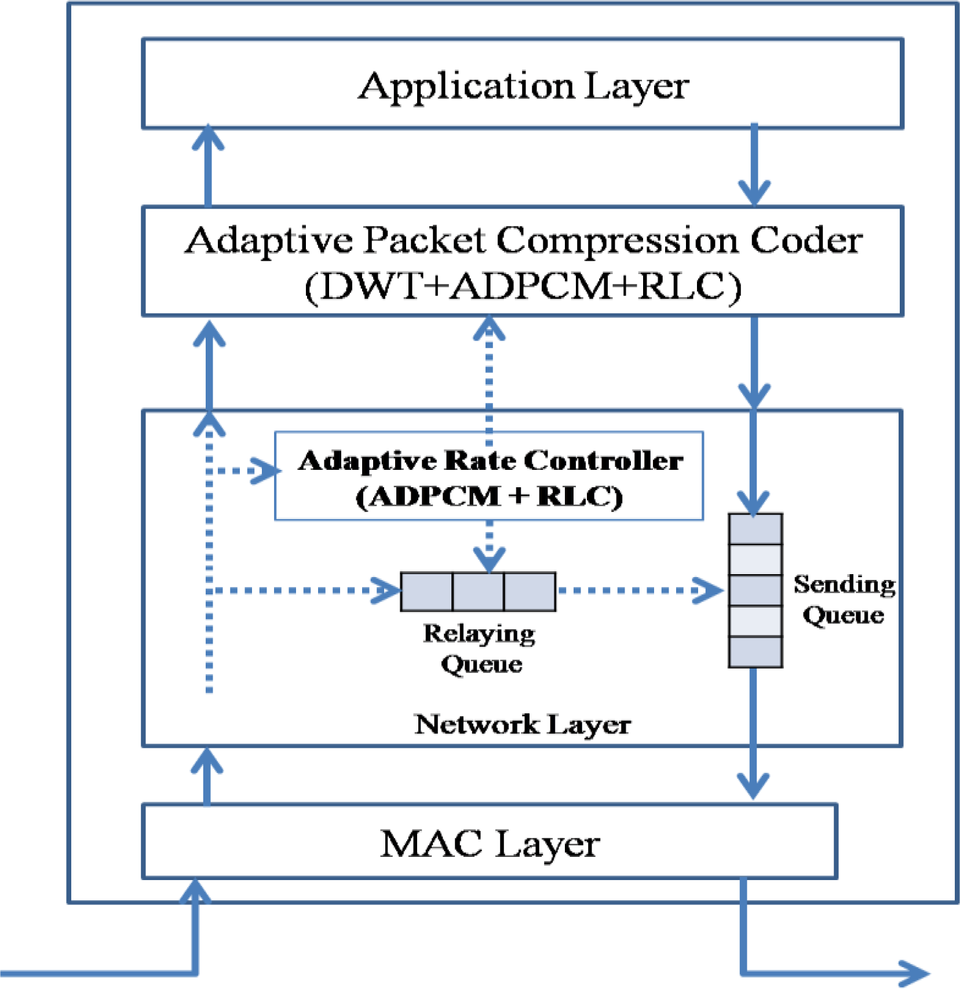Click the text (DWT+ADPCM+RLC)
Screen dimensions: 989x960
pyautogui.click(x=523, y=286)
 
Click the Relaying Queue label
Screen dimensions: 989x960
pyautogui.click(x=480, y=648)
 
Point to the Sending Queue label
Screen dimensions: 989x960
pyautogui.click(x=844, y=600)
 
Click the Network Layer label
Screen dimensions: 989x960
pyautogui.click(x=523, y=724)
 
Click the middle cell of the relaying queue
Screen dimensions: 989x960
pyautogui.click(x=478, y=592)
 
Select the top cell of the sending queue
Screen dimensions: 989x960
pyautogui.click(x=755, y=528)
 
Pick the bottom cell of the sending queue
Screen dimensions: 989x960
pyautogui.click(x=755, y=652)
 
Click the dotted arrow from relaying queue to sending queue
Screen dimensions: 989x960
pyautogui.click(x=637, y=590)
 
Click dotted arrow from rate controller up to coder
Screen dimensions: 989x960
pyautogui.click(x=489, y=377)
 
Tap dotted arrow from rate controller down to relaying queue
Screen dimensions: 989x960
pyautogui.click(x=489, y=545)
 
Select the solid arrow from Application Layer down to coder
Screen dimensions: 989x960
pyautogui.click(x=754, y=165)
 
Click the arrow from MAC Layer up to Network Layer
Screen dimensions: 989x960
pyautogui.click(x=207, y=776)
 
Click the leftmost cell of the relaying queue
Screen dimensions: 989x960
pyautogui.click(x=426, y=592)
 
